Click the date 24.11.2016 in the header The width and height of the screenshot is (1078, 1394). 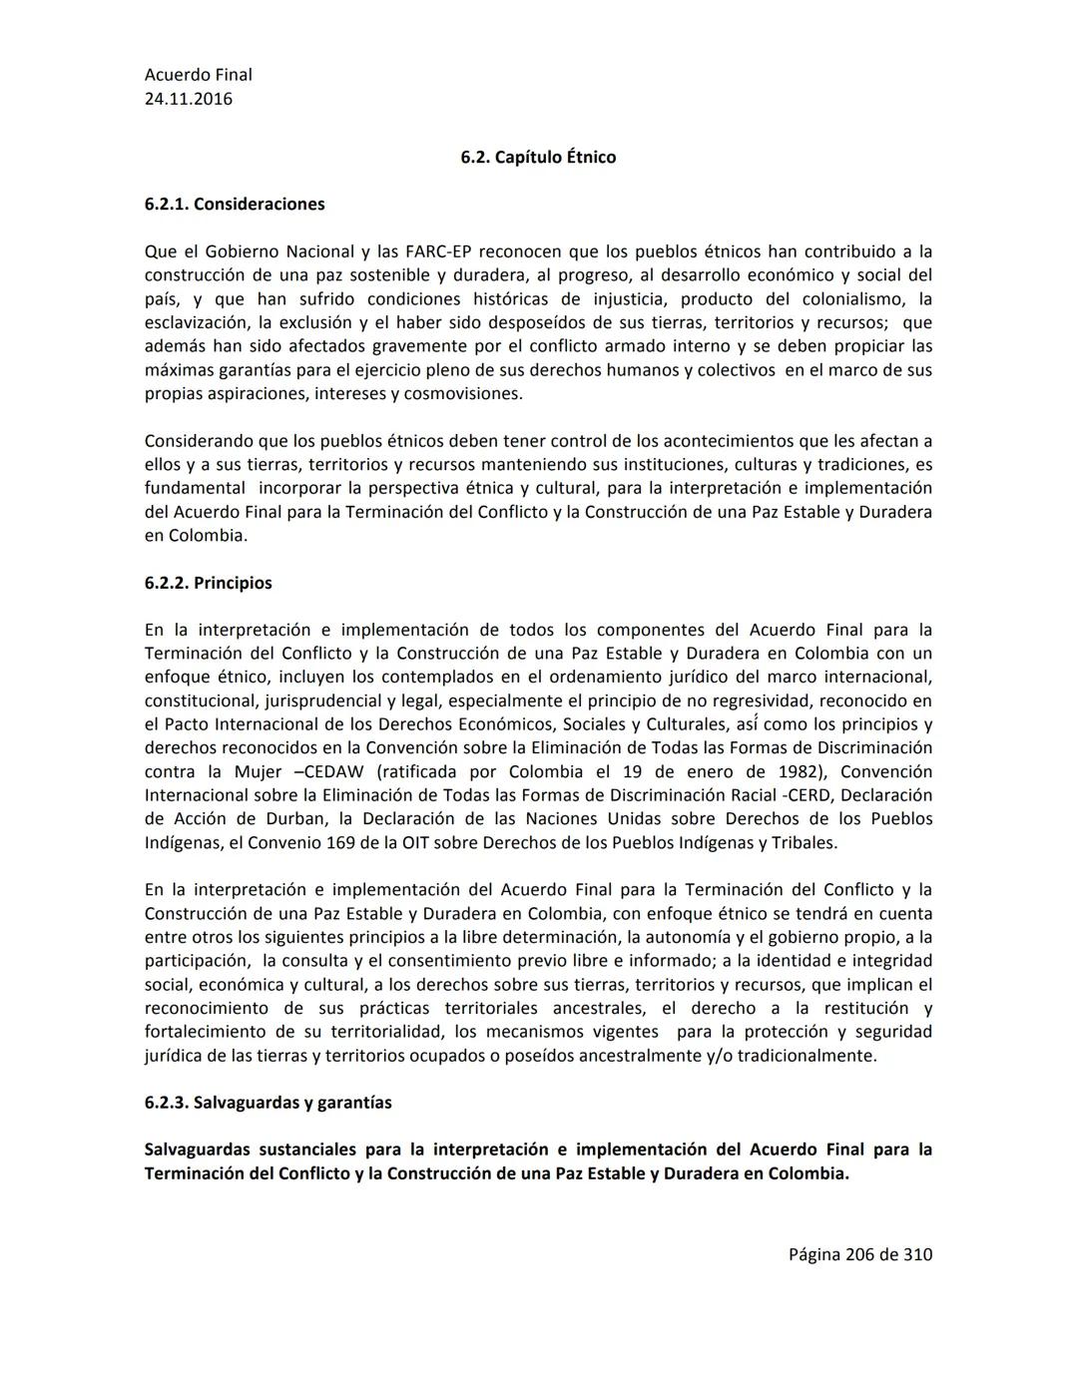point(189,99)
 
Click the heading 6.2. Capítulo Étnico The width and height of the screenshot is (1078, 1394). point(538,157)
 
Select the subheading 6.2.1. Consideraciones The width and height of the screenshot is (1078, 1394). point(235,204)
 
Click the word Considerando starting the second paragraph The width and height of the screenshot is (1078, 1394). point(199,440)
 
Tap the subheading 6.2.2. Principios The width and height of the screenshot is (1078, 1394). point(208,583)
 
